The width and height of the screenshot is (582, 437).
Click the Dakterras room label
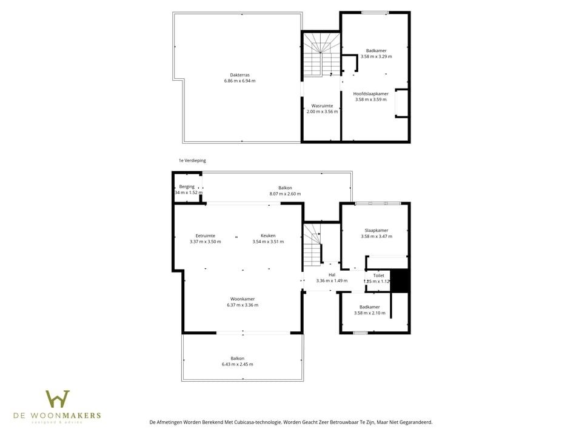point(239,75)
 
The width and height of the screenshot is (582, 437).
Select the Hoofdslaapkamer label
point(370,93)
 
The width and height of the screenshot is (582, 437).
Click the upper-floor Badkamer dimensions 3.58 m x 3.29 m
point(376,56)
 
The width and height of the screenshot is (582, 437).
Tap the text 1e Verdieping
point(192,161)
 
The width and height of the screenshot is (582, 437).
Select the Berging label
point(187,187)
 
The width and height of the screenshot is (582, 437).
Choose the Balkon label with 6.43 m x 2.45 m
point(238,358)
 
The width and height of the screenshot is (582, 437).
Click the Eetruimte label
point(205,235)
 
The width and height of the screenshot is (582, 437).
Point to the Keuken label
point(268,235)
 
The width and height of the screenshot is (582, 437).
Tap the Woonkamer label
point(242,299)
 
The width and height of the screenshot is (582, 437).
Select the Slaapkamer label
point(376,230)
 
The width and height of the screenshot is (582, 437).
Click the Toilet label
point(378,276)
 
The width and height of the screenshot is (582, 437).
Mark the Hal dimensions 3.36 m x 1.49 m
point(332,281)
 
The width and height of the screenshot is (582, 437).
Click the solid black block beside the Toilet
point(400,282)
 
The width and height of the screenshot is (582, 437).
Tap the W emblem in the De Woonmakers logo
point(58,399)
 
